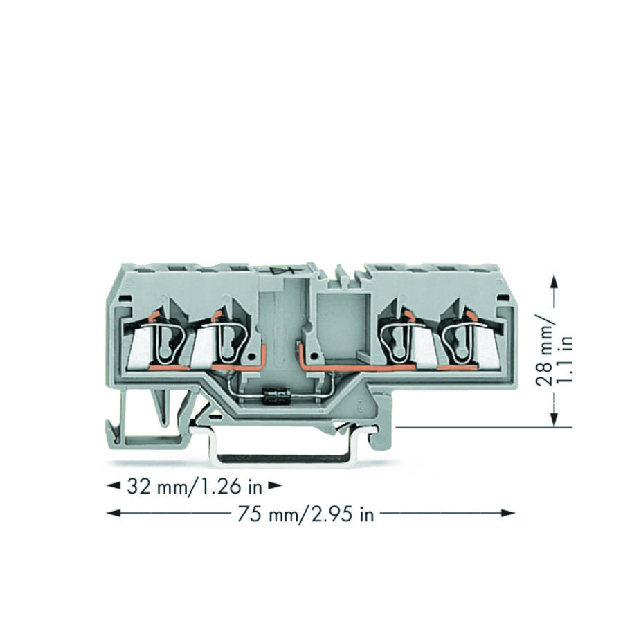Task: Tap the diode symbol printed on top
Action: pyautogui.click(x=282, y=271)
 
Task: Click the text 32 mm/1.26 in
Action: pyautogui.click(x=195, y=487)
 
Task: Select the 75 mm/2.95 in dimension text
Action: pyautogui.click(x=305, y=514)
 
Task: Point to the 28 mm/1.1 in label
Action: pyautogui.click(x=554, y=350)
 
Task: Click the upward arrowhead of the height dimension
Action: pyautogui.click(x=554, y=281)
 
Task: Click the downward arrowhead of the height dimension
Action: pyautogui.click(x=554, y=419)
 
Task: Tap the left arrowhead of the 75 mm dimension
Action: pyautogui.click(x=114, y=513)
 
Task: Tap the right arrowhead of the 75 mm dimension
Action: pyautogui.click(x=508, y=513)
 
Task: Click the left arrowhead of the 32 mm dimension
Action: pyautogui.click(x=114, y=485)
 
